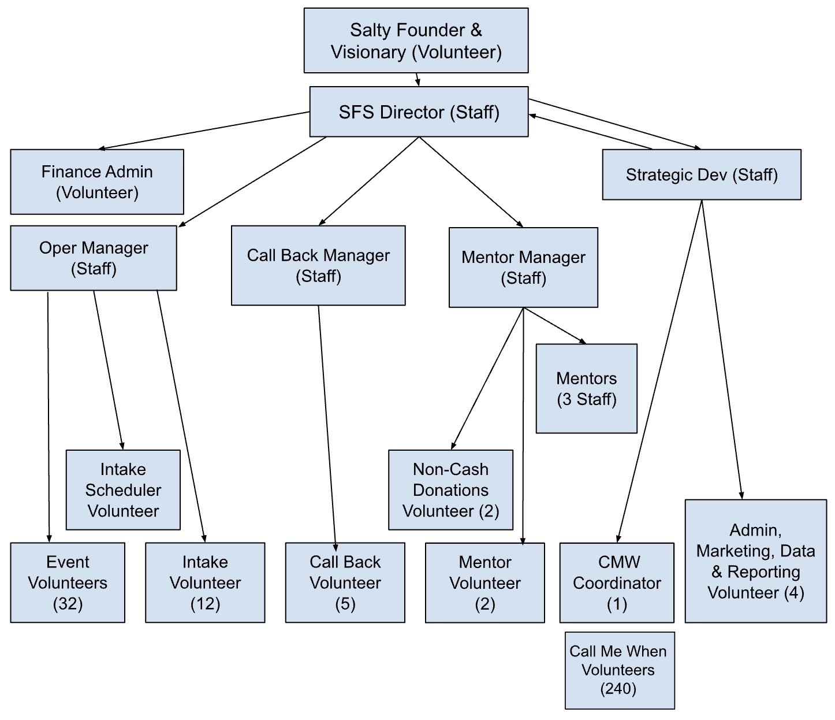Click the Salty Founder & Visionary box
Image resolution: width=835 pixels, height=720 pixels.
[x=416, y=40]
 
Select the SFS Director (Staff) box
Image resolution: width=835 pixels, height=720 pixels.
[x=419, y=112]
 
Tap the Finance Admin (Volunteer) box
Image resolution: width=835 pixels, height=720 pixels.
[x=97, y=181]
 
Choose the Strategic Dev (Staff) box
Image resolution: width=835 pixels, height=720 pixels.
[x=701, y=175]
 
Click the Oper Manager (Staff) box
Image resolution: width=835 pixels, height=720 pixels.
[x=94, y=258]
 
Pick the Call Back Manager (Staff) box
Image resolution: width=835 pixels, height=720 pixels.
[x=318, y=265]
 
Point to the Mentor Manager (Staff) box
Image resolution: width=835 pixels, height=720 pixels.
[x=523, y=267]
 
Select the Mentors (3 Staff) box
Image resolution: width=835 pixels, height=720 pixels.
[x=586, y=388]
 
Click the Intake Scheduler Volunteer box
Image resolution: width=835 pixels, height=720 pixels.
[x=123, y=489]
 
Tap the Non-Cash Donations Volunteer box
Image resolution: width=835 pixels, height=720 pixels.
[x=450, y=489]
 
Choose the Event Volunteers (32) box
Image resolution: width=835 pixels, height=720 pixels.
[x=68, y=582]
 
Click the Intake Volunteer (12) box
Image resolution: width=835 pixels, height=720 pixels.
[x=205, y=582]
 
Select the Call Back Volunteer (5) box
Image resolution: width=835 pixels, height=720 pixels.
[x=345, y=582]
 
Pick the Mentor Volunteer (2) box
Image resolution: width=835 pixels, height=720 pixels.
[x=484, y=582]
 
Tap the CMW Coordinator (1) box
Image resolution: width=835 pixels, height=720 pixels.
[x=617, y=582]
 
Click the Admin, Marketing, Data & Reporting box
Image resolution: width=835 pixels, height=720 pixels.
[x=755, y=561]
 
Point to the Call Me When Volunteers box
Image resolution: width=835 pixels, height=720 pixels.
[x=619, y=670]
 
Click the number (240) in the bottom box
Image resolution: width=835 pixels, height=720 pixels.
[x=618, y=688]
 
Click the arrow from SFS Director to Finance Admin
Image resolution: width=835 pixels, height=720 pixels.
[x=204, y=131]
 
